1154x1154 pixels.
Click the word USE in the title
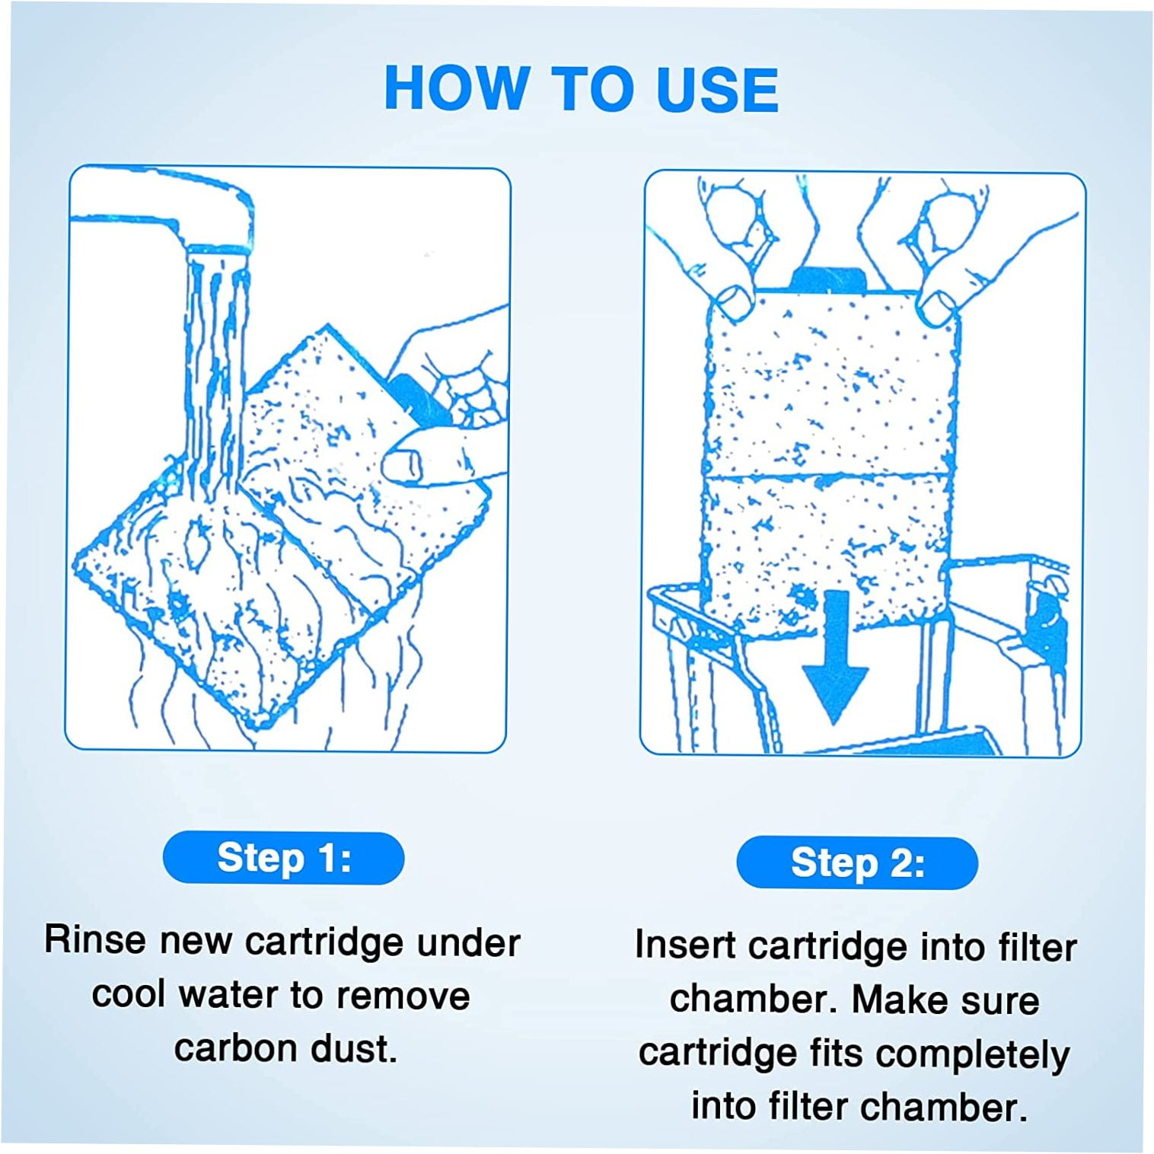(x=717, y=90)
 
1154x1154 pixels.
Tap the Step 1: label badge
(x=283, y=858)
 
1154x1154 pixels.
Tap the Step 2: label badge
(x=857, y=863)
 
